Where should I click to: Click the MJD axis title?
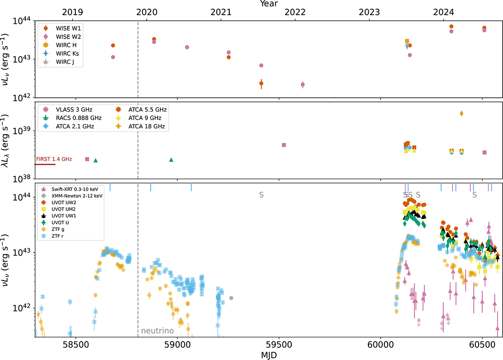click(268, 355)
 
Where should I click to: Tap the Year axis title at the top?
click(268, 4)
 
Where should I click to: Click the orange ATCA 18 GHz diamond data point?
click(462, 113)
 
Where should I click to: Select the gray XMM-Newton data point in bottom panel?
click(231, 298)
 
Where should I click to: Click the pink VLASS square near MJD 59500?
click(284, 145)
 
